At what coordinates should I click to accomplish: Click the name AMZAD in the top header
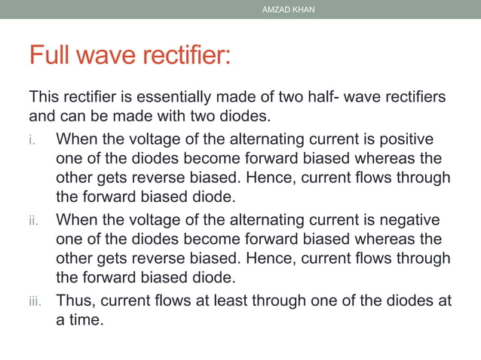pos(276,10)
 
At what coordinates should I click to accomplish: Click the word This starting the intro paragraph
pos(44,98)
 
